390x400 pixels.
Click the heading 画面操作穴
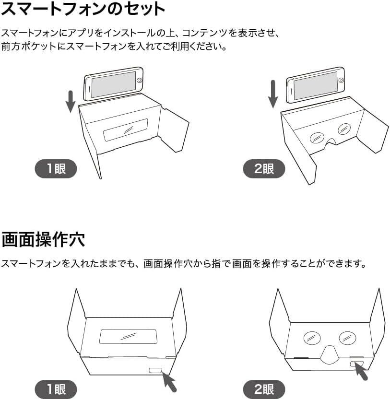(x=43, y=239)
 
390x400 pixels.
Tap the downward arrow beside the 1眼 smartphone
(x=71, y=101)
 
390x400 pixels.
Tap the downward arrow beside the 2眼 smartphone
(x=273, y=94)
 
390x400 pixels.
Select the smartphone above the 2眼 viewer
(x=316, y=85)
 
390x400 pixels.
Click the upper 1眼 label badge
(x=56, y=169)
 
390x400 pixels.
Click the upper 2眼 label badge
(x=264, y=169)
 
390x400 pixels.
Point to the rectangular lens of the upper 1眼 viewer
(x=126, y=129)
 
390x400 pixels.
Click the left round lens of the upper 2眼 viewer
(x=316, y=137)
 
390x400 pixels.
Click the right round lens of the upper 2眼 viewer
(x=344, y=129)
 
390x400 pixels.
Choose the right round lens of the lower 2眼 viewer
(x=348, y=338)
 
